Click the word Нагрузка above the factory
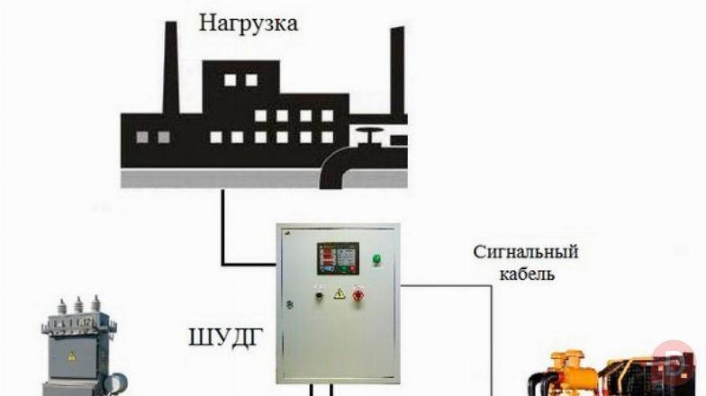[249, 22]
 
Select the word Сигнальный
[526, 251]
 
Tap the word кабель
[528, 273]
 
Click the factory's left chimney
[170, 67]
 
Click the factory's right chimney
[396, 72]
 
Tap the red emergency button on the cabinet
[358, 294]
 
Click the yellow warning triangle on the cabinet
[339, 293]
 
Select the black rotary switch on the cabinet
[317, 293]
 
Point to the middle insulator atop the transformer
[77, 305]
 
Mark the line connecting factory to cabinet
[222, 234]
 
